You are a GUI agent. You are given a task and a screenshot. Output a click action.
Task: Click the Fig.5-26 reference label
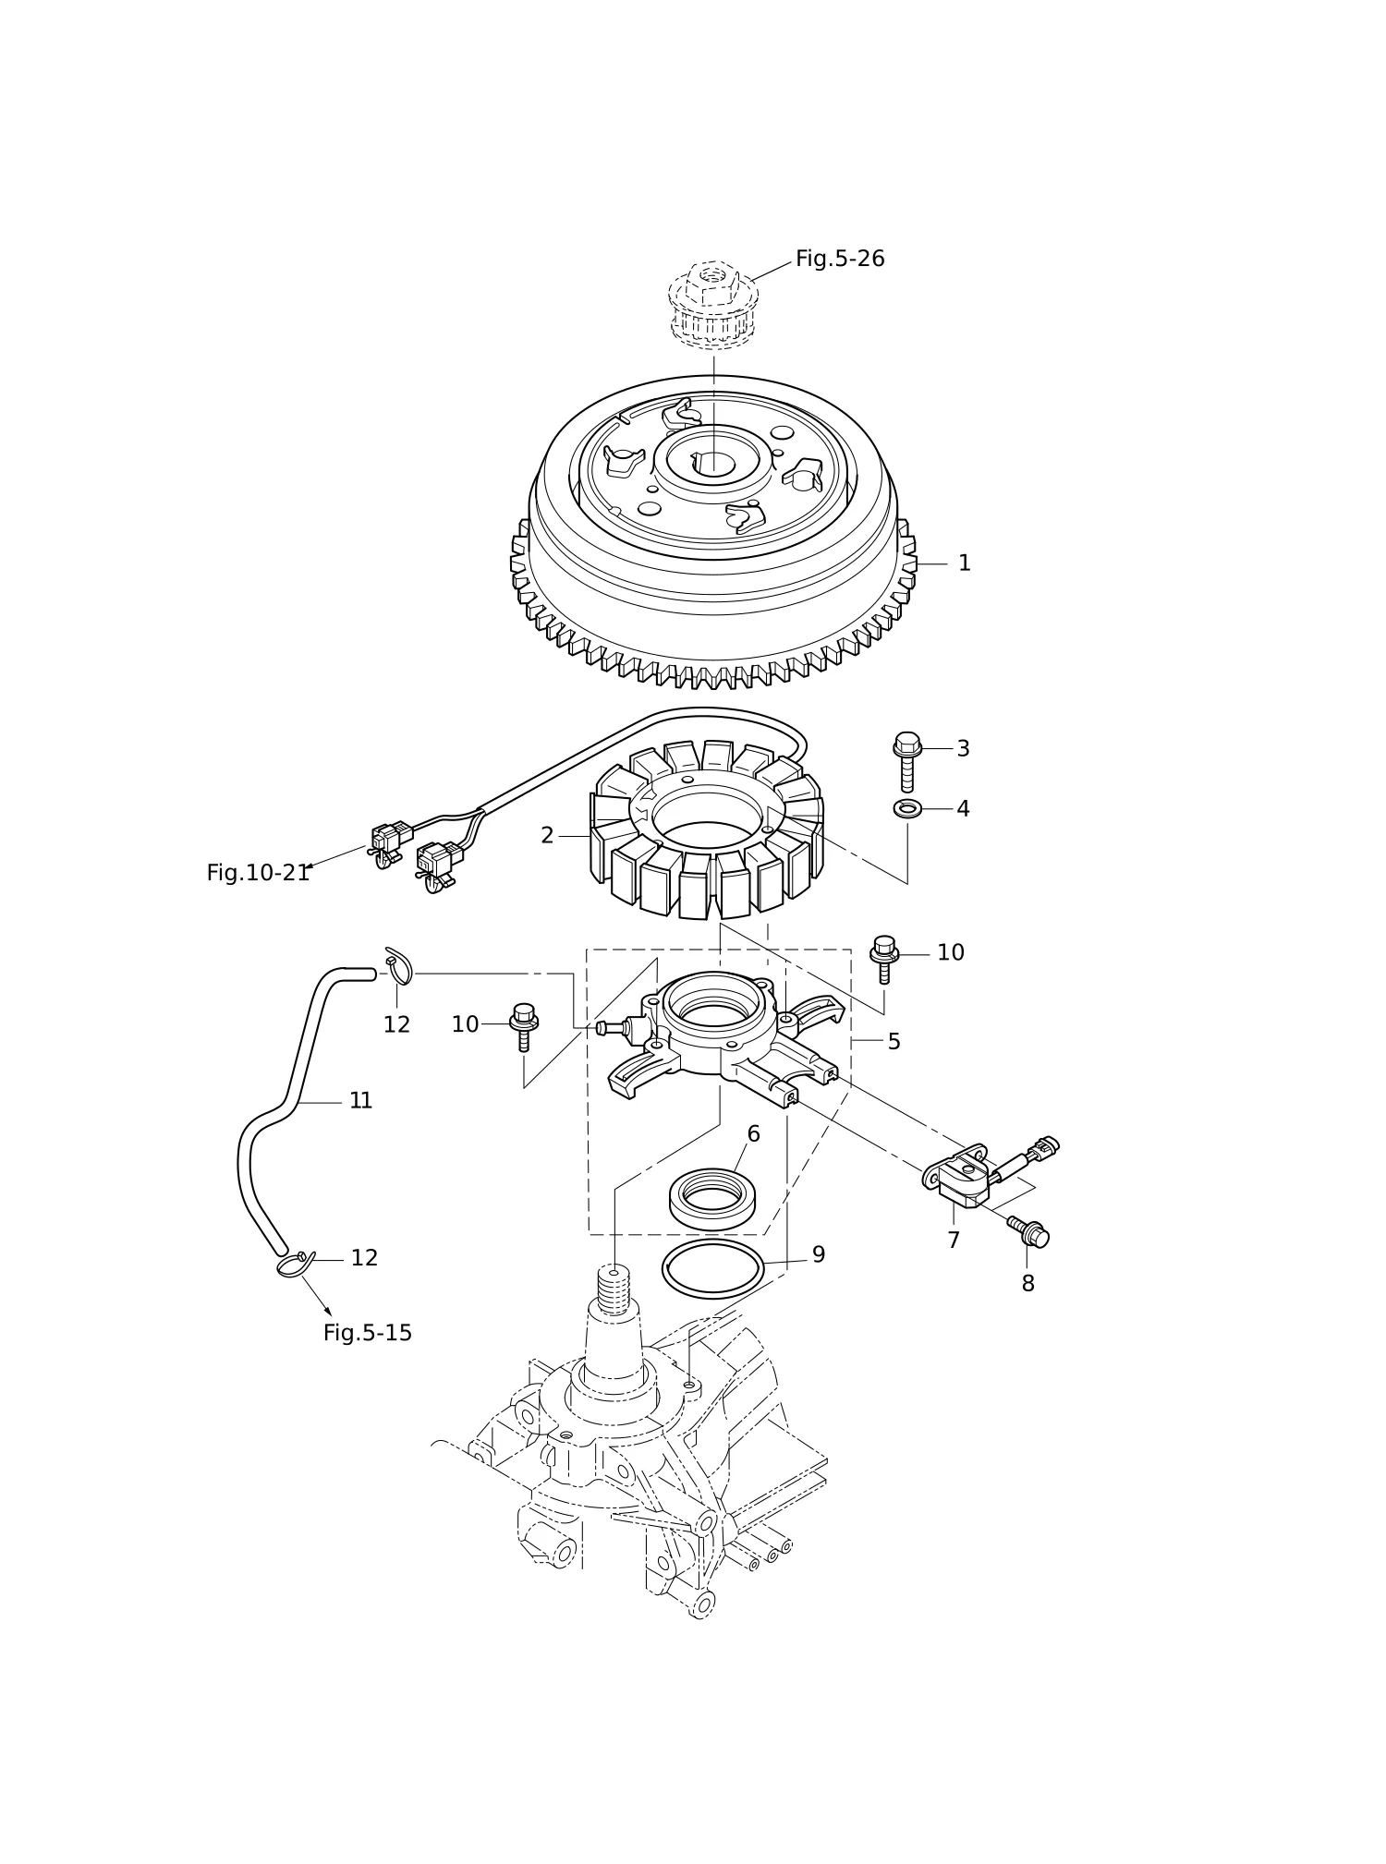(x=840, y=259)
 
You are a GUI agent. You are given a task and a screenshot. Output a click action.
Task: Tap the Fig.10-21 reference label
(x=258, y=873)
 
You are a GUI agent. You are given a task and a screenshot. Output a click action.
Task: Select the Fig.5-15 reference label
(x=368, y=1333)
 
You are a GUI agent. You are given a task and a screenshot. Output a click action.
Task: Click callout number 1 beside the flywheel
(x=964, y=563)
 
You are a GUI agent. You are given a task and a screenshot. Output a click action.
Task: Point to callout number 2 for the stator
(x=547, y=835)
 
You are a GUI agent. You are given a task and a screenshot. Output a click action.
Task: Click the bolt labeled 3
(x=907, y=761)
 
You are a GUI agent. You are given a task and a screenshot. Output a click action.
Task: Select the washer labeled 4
(x=907, y=809)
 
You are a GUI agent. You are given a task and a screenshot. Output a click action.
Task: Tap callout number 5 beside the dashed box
(x=894, y=1041)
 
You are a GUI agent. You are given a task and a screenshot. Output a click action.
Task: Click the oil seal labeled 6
(x=714, y=1198)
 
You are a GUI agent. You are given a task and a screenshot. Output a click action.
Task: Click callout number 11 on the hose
(x=360, y=1100)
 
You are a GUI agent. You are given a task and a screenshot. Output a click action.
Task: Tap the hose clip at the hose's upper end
(x=399, y=965)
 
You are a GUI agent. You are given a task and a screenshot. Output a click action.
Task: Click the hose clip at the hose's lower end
(x=296, y=1264)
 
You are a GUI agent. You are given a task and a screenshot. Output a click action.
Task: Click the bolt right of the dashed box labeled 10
(x=884, y=959)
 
